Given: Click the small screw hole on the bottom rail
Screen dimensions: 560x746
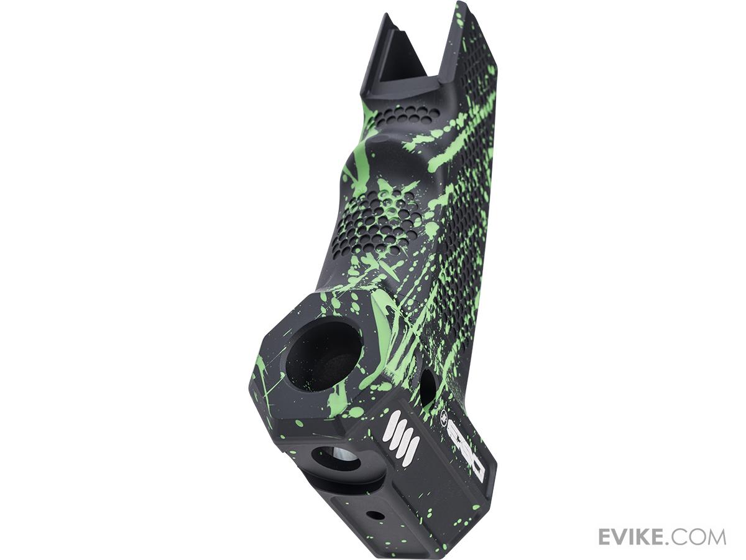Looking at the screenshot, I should click(x=375, y=515).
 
